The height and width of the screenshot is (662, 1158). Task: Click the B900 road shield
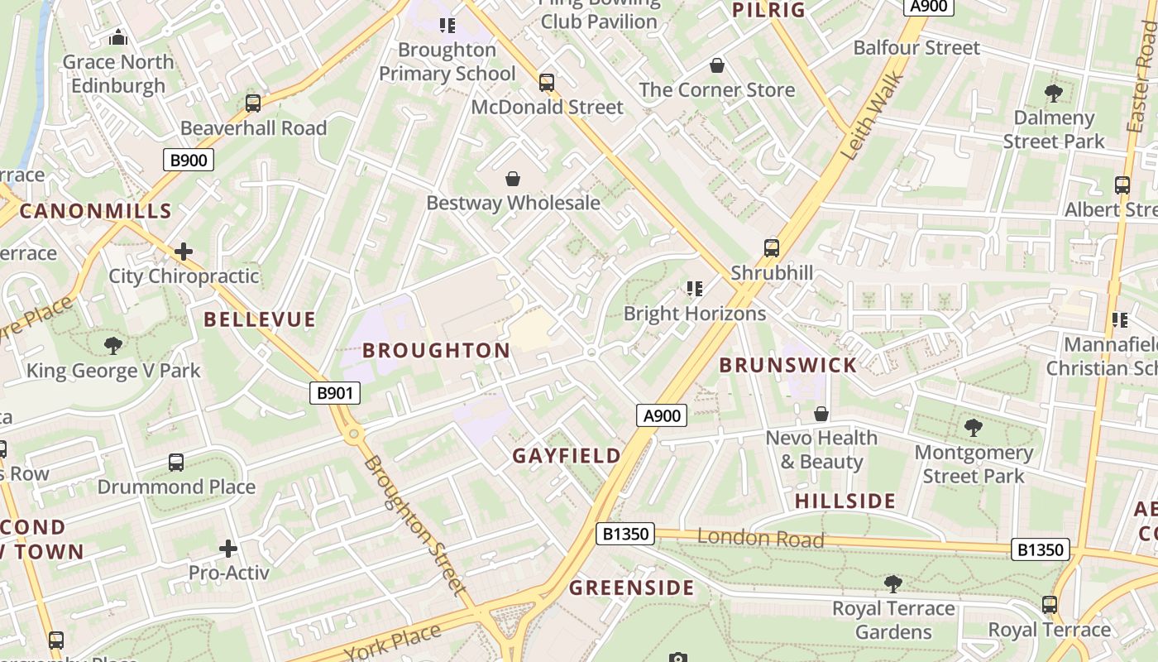(x=188, y=160)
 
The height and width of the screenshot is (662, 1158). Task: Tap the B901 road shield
(x=335, y=392)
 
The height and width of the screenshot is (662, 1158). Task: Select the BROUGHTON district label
(x=437, y=350)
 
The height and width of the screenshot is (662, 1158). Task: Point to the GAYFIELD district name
(x=566, y=456)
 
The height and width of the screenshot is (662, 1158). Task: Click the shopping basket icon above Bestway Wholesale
(x=513, y=179)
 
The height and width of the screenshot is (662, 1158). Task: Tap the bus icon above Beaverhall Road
(x=253, y=103)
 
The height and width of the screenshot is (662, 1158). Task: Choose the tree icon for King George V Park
(x=113, y=345)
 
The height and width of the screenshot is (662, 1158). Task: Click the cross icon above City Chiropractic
(x=184, y=251)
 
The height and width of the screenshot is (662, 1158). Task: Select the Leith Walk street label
(x=873, y=116)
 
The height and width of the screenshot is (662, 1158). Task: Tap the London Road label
(x=760, y=538)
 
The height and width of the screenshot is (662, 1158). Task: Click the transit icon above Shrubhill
(x=772, y=247)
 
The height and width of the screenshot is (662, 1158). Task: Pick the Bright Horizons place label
(x=694, y=314)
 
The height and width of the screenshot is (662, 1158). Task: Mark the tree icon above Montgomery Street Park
(x=974, y=428)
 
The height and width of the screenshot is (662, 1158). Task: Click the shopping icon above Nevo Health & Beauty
(x=821, y=413)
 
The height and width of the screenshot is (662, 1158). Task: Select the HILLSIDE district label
(x=845, y=501)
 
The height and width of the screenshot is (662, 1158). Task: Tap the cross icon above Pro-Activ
(x=228, y=548)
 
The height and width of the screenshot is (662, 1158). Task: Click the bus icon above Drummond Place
(x=176, y=462)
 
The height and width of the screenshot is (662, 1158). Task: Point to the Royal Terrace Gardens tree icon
(x=893, y=583)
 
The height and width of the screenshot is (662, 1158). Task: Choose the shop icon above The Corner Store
(x=717, y=65)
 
